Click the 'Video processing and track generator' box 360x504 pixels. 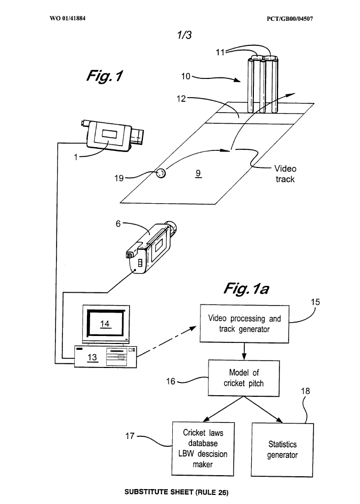(x=244, y=324)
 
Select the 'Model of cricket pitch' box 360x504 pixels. (x=244, y=378)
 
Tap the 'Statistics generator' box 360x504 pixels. (x=282, y=450)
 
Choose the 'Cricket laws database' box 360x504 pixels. (x=203, y=449)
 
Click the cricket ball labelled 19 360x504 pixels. (x=161, y=173)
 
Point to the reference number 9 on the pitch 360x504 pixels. (x=198, y=173)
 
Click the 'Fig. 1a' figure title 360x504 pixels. (x=246, y=289)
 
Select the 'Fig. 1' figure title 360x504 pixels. (x=105, y=76)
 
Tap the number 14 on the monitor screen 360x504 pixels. (x=105, y=324)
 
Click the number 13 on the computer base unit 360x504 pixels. (x=92, y=357)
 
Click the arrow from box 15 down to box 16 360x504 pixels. (x=244, y=351)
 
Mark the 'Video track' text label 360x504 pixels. (x=285, y=174)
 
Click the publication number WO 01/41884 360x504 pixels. (x=68, y=18)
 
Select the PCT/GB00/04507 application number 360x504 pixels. (x=290, y=19)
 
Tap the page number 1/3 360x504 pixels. (x=185, y=35)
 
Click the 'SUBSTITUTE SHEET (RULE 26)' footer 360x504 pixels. (x=177, y=492)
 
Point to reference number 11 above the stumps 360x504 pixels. (x=220, y=52)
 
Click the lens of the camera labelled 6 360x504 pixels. (x=172, y=227)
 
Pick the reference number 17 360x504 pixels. (x=130, y=436)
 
